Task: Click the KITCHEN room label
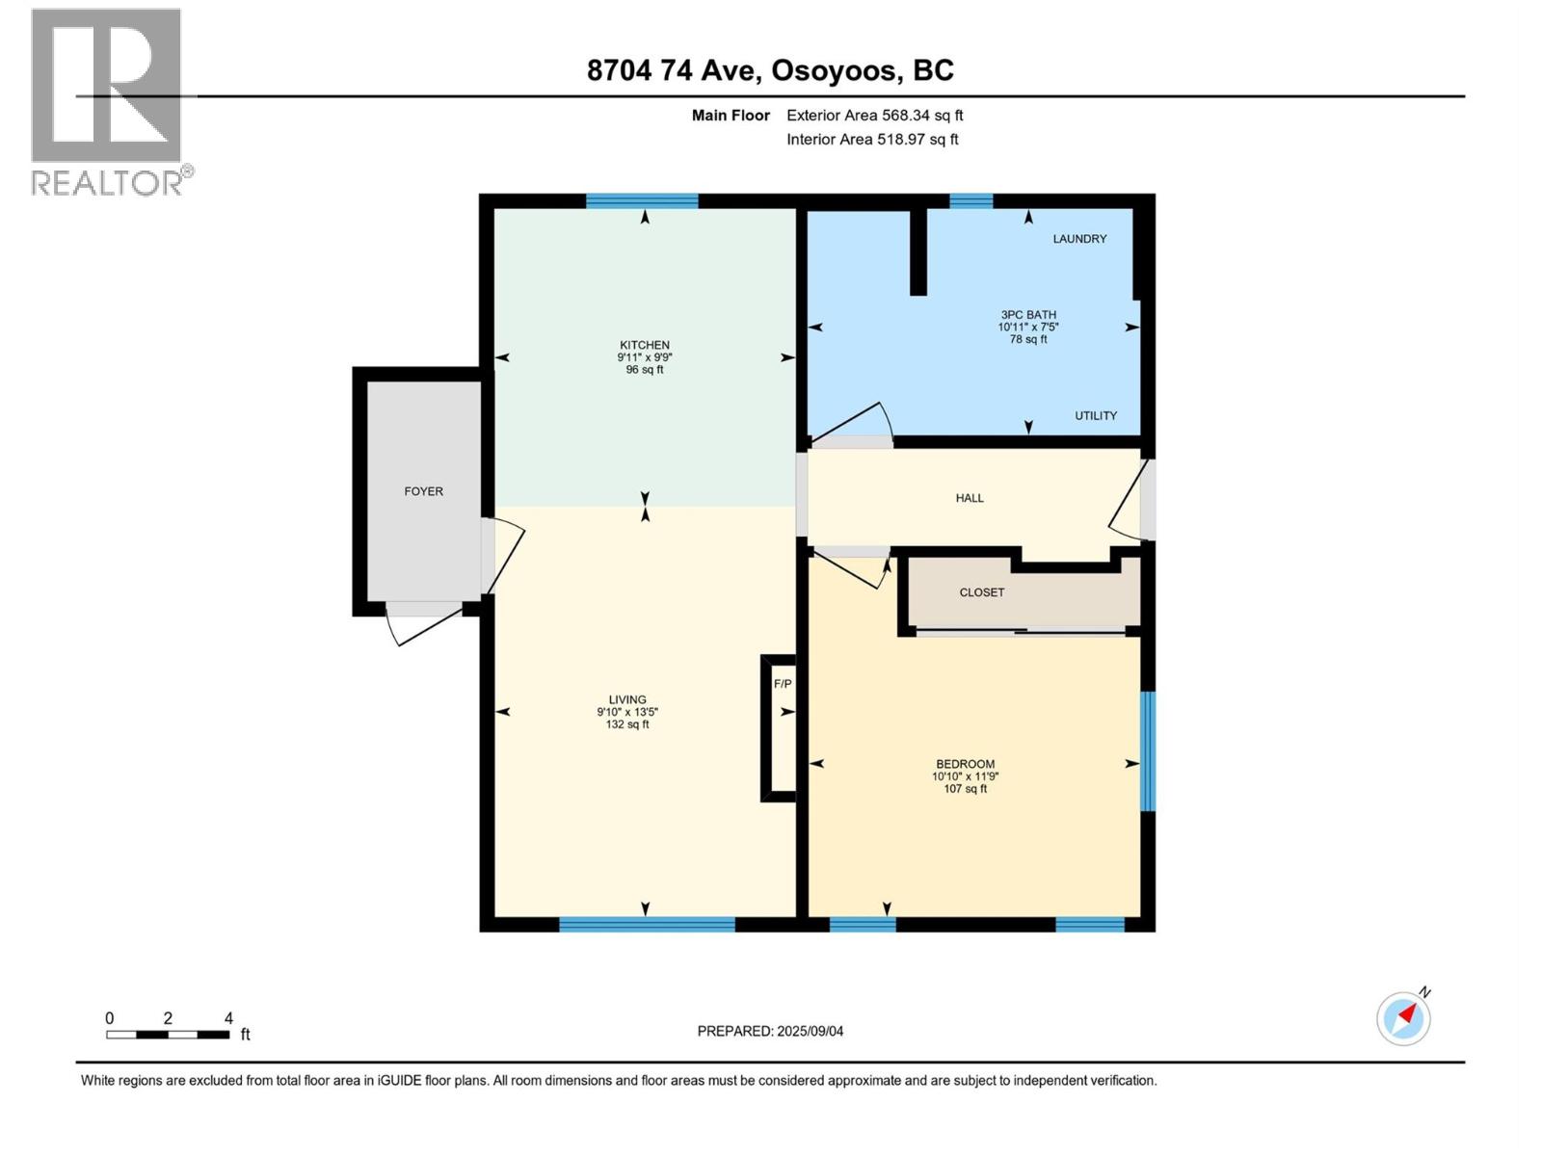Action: click(x=644, y=345)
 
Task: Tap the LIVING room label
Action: click(x=627, y=700)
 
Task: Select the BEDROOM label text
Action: click(x=964, y=764)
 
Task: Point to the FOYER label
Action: click(x=423, y=491)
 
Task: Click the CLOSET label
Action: click(x=981, y=592)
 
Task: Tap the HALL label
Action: click(x=970, y=498)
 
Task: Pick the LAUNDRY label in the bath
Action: click(x=1079, y=239)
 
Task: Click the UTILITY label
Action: click(x=1096, y=416)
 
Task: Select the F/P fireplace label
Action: click(x=783, y=684)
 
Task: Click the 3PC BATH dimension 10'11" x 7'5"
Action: click(x=1028, y=328)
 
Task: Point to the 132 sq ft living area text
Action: click(x=627, y=724)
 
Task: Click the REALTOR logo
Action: click(x=108, y=101)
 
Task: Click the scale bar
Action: click(x=168, y=1035)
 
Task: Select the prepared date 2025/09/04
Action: click(x=770, y=1031)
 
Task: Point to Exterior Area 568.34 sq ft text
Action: click(x=874, y=116)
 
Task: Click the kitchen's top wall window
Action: click(x=642, y=201)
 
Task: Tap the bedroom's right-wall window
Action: click(x=1147, y=751)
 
